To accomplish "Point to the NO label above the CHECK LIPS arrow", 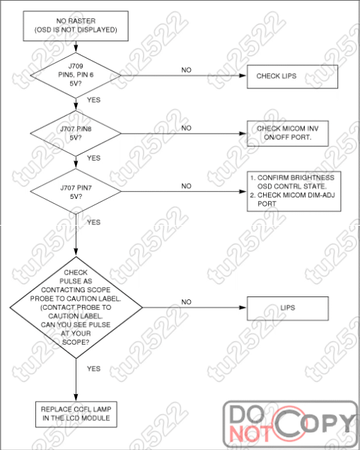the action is click(186, 70).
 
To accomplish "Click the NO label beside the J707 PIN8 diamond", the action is click(186, 128).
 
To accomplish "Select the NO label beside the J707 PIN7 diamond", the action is click(186, 186).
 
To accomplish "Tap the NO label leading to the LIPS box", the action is click(186, 302).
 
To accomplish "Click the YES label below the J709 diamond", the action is click(94, 100).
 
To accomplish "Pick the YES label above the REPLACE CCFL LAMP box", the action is click(94, 369).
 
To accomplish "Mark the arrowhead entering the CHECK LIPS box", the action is click(243, 76).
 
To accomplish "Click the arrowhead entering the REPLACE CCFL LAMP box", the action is click(76, 398).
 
